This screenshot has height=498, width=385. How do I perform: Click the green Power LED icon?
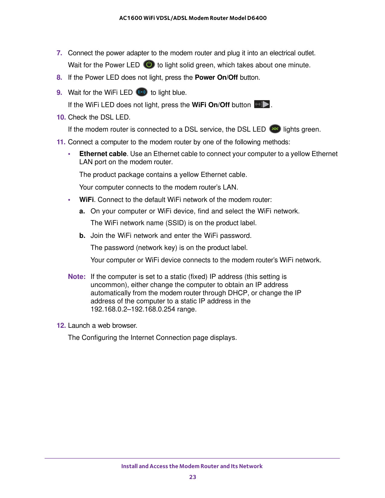pyautogui.click(x=149, y=65)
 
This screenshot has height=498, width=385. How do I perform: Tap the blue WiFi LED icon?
pyautogui.click(x=142, y=92)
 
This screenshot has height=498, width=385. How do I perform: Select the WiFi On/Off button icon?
pyautogui.click(x=262, y=104)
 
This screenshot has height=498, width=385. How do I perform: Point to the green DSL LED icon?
pyautogui.click(x=275, y=129)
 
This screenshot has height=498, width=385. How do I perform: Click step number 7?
pyautogui.click(x=59, y=53)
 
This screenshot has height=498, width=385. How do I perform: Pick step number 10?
pyautogui.click(x=61, y=117)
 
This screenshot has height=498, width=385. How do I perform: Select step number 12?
pyautogui.click(x=61, y=325)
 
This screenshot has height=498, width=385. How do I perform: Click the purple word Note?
pyautogui.click(x=77, y=276)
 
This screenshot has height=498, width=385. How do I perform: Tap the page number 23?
pyautogui.click(x=193, y=477)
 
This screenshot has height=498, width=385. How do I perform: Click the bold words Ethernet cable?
pyautogui.click(x=103, y=154)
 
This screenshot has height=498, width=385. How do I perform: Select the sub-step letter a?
pyautogui.click(x=82, y=211)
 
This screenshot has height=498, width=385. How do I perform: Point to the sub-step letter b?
pyautogui.click(x=82, y=236)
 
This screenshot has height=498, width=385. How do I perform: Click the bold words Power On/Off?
pyautogui.click(x=216, y=78)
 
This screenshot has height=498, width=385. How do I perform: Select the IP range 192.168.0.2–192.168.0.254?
pyautogui.click(x=133, y=309)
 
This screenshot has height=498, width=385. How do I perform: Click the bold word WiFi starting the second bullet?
pyautogui.click(x=86, y=200)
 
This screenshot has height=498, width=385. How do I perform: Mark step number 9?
pyautogui.click(x=59, y=92)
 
